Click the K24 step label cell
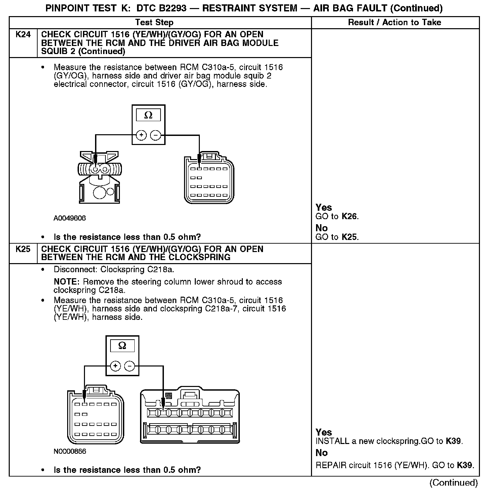pos(23,35)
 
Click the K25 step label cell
pos(23,249)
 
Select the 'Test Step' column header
pos(154,22)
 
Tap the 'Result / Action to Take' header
pos(395,22)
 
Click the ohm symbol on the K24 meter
pos(148,115)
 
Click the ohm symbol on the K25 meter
pos(122,346)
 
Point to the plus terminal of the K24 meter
pos(141,135)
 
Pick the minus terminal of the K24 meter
pos(155,135)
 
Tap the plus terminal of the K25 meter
pos(115,365)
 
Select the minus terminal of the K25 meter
pos(130,365)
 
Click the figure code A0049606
pos(70,218)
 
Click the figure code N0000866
pos(70,451)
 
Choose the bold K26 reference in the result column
pos(349,216)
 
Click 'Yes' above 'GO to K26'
pos(323,207)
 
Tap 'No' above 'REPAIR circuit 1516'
pos(321,453)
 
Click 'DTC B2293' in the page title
pos(161,8)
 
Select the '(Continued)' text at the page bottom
pos(453,483)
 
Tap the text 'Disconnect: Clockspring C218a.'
pos(114,269)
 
